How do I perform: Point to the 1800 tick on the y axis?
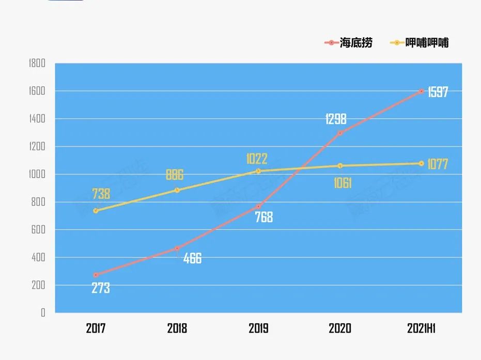(x=37, y=64)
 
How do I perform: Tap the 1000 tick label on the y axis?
(x=37, y=175)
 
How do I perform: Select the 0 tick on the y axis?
(x=43, y=312)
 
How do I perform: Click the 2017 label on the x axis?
(x=96, y=328)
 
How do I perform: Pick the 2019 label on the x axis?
(x=258, y=328)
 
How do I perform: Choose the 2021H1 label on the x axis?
(x=421, y=328)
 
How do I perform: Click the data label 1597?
(x=438, y=92)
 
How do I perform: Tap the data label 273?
(x=101, y=288)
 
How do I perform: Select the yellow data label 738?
(x=101, y=194)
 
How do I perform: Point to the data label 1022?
(x=257, y=159)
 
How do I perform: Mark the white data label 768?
(x=263, y=217)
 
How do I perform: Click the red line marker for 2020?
(x=340, y=133)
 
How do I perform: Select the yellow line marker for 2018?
(x=177, y=190)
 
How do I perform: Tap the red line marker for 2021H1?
(x=422, y=91)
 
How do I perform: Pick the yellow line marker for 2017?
(x=96, y=211)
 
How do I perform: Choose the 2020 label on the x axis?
(x=340, y=328)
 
